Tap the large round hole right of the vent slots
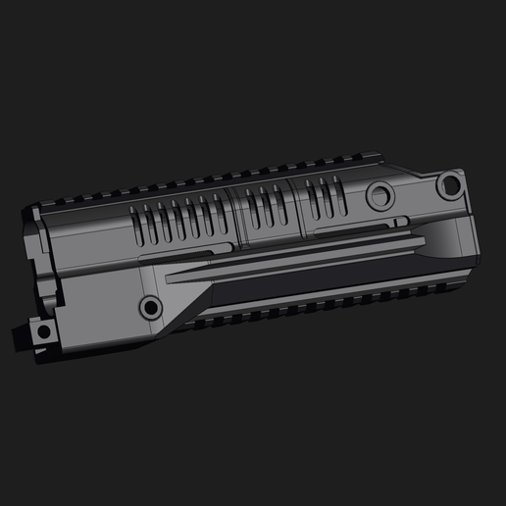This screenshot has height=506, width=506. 379,196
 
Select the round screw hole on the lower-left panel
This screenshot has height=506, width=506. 150,308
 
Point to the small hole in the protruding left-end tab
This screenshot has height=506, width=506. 42,331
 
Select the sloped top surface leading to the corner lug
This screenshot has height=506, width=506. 412,175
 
